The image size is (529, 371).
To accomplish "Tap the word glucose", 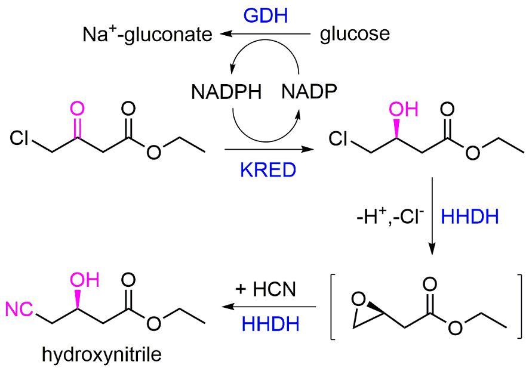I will coord(355,34).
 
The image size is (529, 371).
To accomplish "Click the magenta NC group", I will coord(19,309).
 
